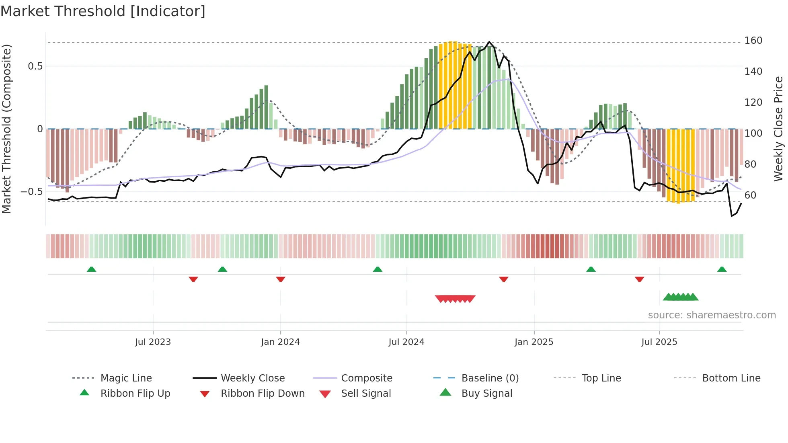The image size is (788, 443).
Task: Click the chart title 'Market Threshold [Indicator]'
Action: click(103, 11)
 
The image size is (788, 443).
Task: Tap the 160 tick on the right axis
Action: click(753, 41)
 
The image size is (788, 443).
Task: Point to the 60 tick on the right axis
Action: click(750, 195)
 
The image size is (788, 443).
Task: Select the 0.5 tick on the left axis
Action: click(35, 66)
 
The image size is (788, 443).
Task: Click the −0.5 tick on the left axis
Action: click(32, 192)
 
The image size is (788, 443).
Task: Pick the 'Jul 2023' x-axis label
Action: click(153, 342)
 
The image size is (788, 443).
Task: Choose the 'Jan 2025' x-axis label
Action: click(534, 342)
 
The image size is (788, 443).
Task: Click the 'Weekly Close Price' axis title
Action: click(778, 129)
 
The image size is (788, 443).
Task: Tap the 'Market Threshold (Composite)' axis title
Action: click(6, 129)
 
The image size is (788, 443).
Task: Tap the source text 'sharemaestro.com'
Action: click(712, 315)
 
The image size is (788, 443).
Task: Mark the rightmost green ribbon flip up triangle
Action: click(722, 269)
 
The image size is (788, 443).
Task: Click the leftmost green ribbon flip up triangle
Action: click(91, 269)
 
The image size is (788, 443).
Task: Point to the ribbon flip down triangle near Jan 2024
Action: click(281, 279)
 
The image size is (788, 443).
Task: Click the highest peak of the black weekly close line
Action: click(489, 42)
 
